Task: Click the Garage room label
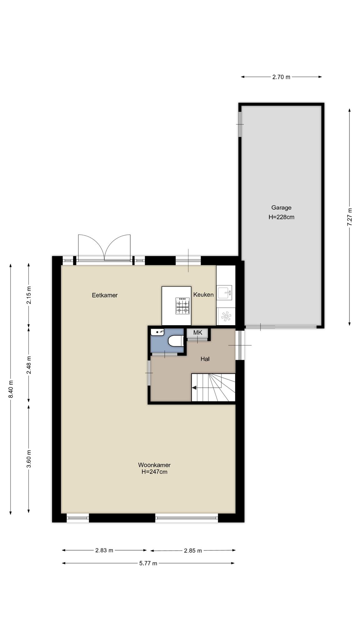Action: coord(281,207)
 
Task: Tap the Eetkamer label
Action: coord(105,295)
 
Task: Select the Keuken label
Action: coord(203,294)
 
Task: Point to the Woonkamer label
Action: coord(154,465)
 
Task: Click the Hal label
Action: coord(205,359)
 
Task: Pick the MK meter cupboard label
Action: coord(197,332)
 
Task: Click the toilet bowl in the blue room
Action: coord(176,341)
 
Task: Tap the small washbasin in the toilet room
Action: coord(157,332)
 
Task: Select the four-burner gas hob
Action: coord(183,306)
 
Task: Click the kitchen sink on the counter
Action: coord(225,293)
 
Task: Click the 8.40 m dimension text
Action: coord(11,389)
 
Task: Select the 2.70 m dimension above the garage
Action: coord(281,77)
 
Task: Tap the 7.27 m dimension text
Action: coord(350,217)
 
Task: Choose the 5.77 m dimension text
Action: coord(148,563)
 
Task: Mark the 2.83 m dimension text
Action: coord(104,550)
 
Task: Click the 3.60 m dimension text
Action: coord(29,459)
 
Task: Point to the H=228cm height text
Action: coord(281,217)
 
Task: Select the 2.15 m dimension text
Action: coord(29,295)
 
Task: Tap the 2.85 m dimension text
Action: coord(193,550)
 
